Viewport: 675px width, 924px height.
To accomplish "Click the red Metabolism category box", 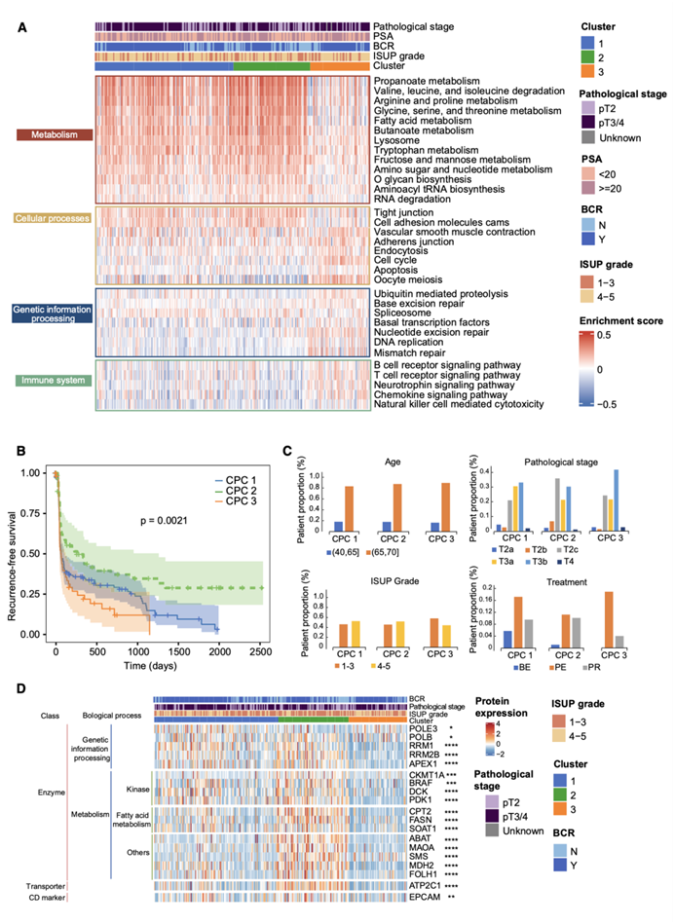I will click(56, 135).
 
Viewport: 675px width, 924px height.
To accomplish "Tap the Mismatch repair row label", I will click(409, 352).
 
